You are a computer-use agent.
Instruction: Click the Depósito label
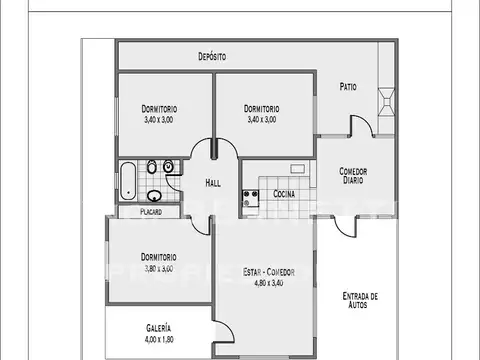tap(211, 57)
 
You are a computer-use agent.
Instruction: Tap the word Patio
tap(348, 87)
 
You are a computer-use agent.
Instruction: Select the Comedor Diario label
tap(351, 175)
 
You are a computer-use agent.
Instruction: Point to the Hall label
tap(213, 183)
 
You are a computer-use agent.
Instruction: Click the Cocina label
tap(284, 193)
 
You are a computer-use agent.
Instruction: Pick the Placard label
tap(151, 212)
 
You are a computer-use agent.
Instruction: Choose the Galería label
tap(158, 328)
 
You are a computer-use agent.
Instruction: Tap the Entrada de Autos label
tap(359, 300)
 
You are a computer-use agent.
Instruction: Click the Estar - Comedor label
tap(268, 271)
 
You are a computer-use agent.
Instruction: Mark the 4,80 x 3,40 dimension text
tap(268, 283)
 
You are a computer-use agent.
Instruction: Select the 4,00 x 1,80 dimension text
tap(158, 340)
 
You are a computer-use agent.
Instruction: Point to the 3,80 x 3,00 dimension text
tap(159, 268)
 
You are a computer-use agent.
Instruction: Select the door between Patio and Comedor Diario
tap(359, 127)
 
